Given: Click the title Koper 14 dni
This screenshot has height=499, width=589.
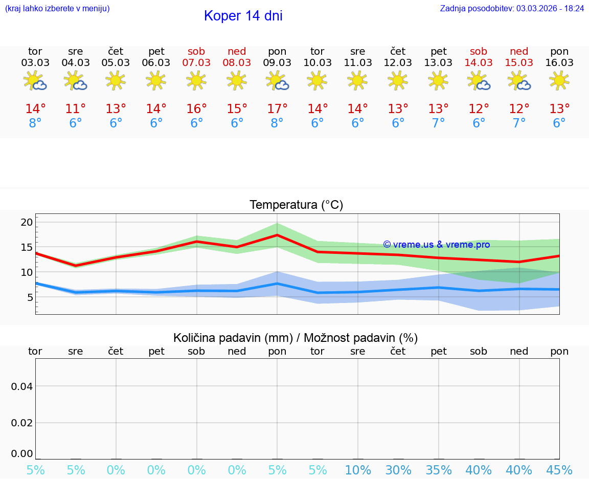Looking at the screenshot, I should pos(243,16).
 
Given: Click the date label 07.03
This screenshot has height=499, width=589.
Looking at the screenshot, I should pos(196,63).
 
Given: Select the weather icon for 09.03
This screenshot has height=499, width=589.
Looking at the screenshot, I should pos(277,81).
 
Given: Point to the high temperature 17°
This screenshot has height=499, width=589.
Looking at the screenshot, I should pos(277,109).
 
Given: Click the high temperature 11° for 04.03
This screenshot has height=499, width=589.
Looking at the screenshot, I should pos(76,109).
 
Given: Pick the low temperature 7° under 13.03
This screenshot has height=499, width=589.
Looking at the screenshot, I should pos(438,123).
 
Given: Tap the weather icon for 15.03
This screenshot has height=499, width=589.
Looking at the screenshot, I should pos(519,81).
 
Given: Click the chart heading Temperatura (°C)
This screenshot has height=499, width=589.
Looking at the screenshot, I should pos(296,205).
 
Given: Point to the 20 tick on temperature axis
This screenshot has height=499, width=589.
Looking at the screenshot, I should pos(27,222).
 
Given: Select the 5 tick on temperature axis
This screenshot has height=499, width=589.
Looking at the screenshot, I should pos(30,297).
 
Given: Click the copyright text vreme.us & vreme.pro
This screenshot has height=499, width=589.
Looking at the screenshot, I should pos(437,245).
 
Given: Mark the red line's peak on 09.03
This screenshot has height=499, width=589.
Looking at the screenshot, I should pos(277,235).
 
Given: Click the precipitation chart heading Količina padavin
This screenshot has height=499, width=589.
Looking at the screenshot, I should pos(296,338).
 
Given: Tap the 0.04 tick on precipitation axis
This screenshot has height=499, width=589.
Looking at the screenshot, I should pos(22,386).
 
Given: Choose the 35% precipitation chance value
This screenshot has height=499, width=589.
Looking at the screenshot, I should pos(438,470).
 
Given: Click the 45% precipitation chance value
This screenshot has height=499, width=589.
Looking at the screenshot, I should pos(559,470).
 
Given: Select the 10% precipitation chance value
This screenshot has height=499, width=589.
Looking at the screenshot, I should pos(357,470).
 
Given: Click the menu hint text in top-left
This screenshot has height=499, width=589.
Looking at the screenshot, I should pos(57,9).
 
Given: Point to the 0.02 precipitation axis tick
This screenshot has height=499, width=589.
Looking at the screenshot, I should pos(22,423).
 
